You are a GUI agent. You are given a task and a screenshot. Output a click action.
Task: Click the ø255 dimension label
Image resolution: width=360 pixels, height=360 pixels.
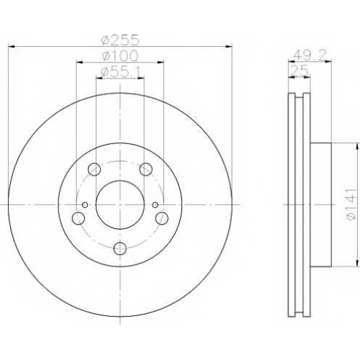(120, 40)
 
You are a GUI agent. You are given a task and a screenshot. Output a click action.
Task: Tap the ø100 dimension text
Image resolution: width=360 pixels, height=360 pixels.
(120, 56)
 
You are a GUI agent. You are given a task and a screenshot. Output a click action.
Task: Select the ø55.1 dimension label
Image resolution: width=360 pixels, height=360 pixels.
(120, 72)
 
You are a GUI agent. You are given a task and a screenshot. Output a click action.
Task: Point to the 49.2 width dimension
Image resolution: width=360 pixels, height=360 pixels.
(310, 56)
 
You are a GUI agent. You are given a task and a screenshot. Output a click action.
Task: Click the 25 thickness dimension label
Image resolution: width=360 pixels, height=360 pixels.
(299, 71)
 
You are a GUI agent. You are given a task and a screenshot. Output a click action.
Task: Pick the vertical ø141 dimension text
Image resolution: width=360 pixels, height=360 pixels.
(350, 204)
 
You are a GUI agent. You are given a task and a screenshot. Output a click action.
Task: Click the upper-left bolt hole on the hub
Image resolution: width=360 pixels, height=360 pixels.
(94, 169)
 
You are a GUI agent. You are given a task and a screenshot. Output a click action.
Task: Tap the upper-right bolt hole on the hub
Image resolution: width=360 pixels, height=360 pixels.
(146, 169)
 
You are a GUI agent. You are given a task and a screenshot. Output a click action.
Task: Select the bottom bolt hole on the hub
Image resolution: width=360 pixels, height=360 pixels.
(120, 248)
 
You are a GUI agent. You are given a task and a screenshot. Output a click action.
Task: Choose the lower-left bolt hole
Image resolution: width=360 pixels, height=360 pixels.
(78, 218)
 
